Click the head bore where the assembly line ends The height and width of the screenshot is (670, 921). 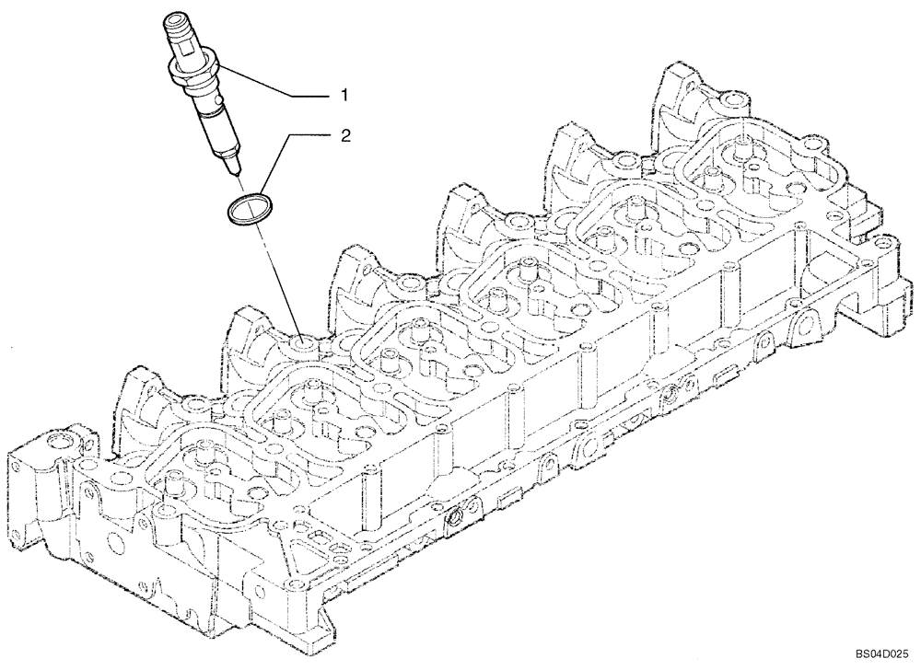pos(303,346)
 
